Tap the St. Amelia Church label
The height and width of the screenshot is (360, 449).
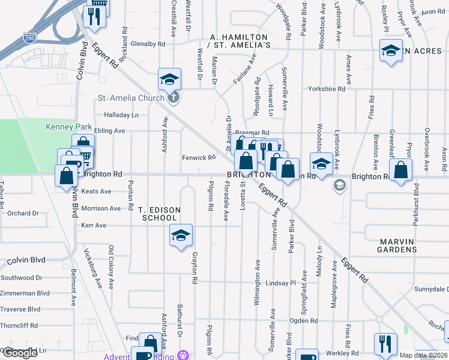click(x=131, y=98)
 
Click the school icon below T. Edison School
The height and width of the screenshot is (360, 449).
click(x=180, y=236)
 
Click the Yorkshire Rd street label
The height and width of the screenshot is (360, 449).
click(x=327, y=89)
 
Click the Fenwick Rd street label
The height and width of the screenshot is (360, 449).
click(x=199, y=158)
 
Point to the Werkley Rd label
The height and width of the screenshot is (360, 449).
click(x=343, y=353)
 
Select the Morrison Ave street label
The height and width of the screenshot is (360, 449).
click(x=101, y=208)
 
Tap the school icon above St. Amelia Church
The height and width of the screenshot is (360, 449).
click(x=169, y=79)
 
